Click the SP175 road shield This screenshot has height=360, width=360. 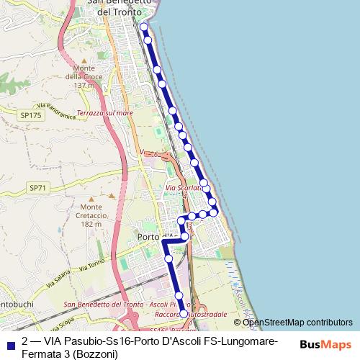(30, 114)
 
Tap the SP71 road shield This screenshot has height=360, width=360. (37, 187)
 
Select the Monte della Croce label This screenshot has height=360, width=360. (84, 76)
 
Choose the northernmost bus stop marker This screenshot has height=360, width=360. (143, 27)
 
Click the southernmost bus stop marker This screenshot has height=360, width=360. (183, 314)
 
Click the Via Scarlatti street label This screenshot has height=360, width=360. (181, 189)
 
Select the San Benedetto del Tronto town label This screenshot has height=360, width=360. (120, 7)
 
